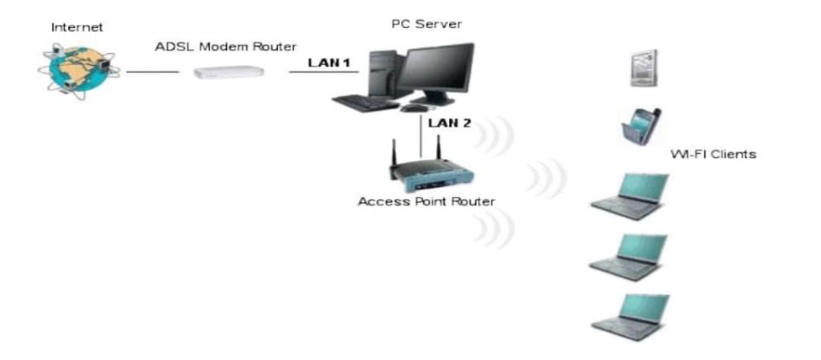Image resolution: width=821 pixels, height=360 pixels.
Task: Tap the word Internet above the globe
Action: tap(77, 26)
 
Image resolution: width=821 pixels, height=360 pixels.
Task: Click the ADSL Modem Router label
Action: tap(226, 46)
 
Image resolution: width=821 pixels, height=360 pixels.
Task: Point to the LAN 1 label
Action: tap(330, 63)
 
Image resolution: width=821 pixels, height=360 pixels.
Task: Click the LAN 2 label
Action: tap(450, 123)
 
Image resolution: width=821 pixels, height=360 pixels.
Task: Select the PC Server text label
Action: tap(426, 24)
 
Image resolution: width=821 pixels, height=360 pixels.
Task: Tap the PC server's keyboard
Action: tap(364, 103)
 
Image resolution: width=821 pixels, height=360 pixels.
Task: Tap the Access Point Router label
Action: tap(426, 201)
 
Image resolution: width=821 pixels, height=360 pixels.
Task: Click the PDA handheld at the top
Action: tap(643, 68)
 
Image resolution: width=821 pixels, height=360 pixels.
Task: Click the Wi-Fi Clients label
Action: tap(713, 154)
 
